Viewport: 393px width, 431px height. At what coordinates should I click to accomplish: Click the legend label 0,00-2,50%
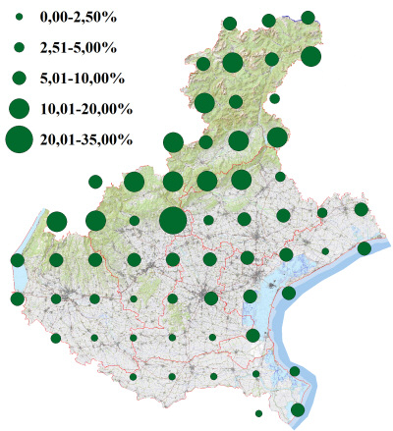tap(76, 18)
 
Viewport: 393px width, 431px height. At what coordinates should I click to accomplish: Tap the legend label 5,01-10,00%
tap(82, 78)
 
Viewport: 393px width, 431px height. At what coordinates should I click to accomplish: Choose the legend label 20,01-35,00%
tap(85, 140)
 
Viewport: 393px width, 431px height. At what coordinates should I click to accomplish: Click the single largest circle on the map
tap(172, 221)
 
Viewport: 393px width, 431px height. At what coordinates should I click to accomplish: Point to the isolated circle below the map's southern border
tap(258, 413)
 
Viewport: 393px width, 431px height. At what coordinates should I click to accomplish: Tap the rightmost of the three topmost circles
tap(308, 17)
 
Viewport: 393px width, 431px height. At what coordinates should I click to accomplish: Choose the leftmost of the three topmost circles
tap(229, 23)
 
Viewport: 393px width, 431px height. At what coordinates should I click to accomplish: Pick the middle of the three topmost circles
tap(268, 20)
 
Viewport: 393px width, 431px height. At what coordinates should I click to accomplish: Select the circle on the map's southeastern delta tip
tap(298, 408)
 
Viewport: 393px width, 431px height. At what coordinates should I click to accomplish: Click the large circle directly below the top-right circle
tap(310, 56)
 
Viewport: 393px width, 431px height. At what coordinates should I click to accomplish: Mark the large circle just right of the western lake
tap(56, 221)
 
